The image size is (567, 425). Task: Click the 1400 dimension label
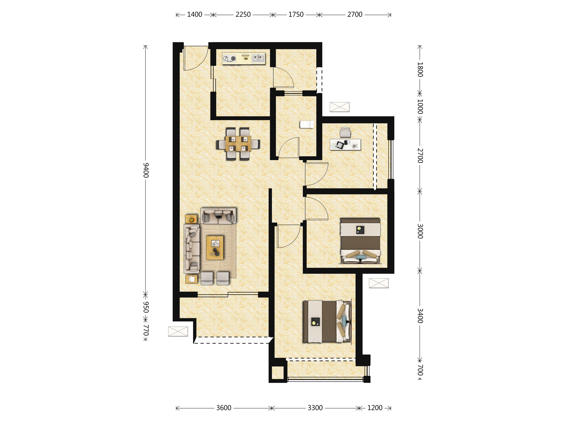coord(195,15)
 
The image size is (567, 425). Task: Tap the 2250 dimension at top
coord(243,15)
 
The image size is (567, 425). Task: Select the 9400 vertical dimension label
coord(146,170)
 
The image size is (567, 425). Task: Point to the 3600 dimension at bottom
coord(224,408)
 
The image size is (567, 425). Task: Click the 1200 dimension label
coord(375,408)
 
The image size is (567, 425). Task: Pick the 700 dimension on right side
coord(420,370)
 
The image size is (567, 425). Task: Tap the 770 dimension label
coord(146,330)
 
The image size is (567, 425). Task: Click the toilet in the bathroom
coord(307,124)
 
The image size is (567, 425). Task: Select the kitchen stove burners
coord(229,59)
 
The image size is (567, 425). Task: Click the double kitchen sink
coord(258,58)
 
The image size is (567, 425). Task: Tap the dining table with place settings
coord(238,144)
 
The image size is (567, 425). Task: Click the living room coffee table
coord(215,248)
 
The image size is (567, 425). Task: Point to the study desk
coord(345,145)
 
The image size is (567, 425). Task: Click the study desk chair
coord(345,132)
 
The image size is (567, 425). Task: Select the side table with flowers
coord(191,219)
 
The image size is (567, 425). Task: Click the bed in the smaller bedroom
coord(360,241)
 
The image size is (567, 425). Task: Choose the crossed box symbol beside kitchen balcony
coord(340,107)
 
